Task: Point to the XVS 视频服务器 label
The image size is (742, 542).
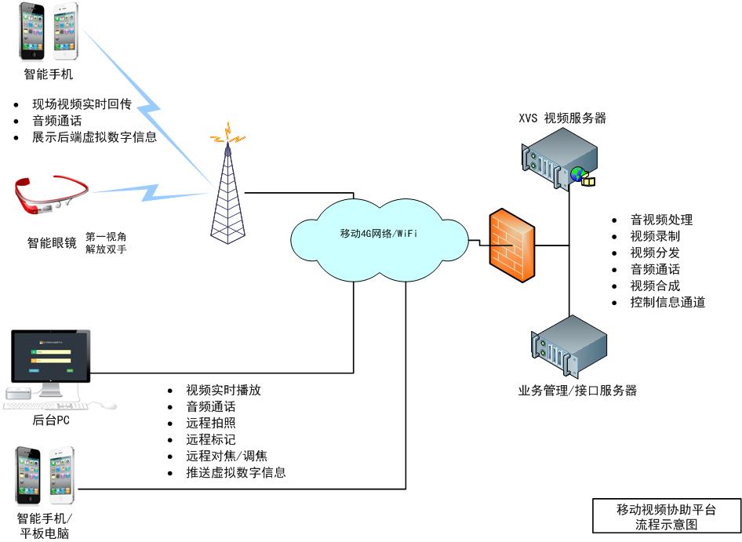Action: (x=562, y=118)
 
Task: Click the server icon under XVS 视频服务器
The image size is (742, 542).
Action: (x=558, y=160)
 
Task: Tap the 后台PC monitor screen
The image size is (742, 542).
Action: (x=51, y=355)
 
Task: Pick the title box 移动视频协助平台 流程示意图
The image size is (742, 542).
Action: (x=666, y=517)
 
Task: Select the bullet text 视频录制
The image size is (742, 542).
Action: (x=655, y=236)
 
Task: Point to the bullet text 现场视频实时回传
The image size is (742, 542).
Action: (x=81, y=104)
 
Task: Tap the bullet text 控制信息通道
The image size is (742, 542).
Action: (x=667, y=302)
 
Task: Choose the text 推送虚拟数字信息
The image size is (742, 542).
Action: (x=235, y=472)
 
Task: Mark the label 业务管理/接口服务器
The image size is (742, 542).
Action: (x=577, y=391)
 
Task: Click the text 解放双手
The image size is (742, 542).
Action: (x=105, y=249)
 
